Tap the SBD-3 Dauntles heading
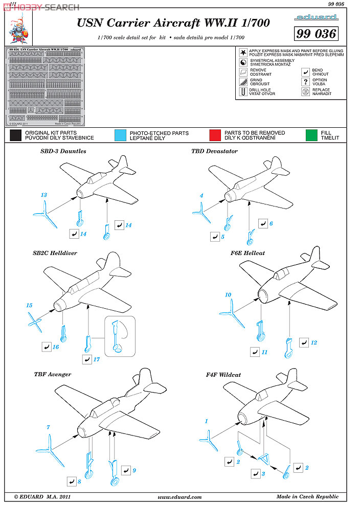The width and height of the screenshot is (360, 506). (x=63, y=151)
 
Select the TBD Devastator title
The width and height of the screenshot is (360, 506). (x=214, y=151)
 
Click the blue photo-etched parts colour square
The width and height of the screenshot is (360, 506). (x=121, y=135)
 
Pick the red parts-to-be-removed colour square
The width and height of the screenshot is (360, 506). (x=215, y=135)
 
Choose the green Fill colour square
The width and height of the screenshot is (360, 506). (x=311, y=135)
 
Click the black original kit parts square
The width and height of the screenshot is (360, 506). (x=15, y=135)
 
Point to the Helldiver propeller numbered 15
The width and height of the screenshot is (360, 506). (x=34, y=323)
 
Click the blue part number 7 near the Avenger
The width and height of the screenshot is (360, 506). (x=48, y=427)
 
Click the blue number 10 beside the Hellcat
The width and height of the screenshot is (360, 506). (x=228, y=295)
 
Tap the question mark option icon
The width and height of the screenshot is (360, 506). (x=306, y=81)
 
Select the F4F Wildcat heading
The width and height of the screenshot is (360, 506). (x=223, y=375)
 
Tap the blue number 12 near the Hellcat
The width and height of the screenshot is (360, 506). (x=314, y=342)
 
